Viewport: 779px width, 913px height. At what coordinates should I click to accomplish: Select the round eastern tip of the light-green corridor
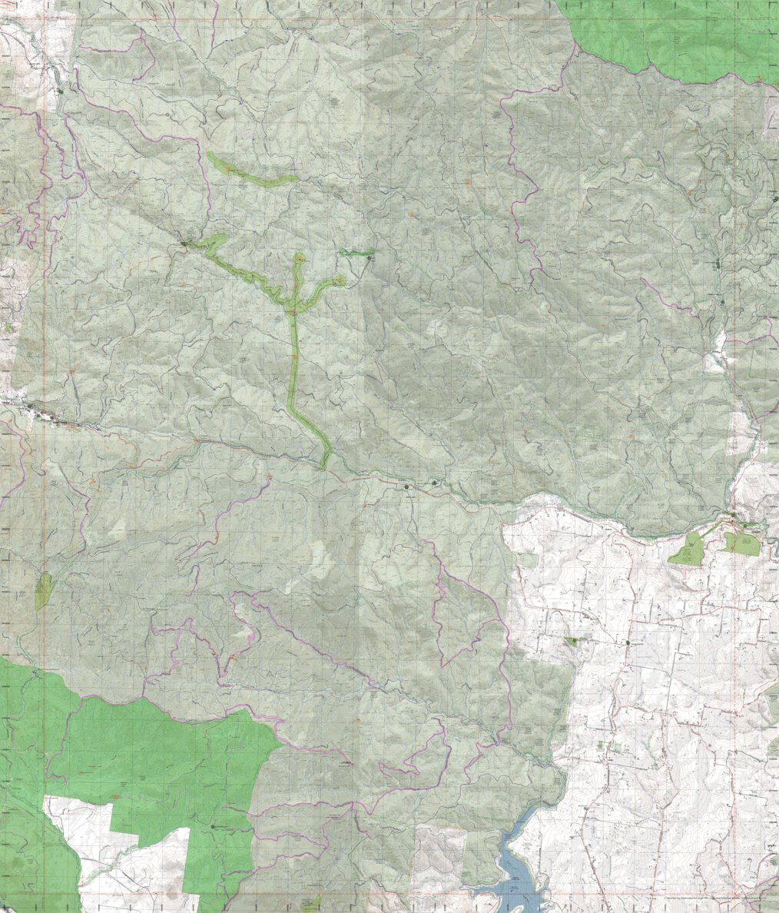(338, 281)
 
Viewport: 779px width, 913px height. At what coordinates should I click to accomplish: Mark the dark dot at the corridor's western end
(184, 244)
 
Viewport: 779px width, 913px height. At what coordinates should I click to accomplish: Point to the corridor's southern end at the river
(324, 464)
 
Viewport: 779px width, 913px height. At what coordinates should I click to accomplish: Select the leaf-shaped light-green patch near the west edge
(43, 591)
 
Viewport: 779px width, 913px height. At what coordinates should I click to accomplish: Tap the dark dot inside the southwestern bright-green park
(213, 826)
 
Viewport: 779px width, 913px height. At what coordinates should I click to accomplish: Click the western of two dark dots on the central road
(408, 486)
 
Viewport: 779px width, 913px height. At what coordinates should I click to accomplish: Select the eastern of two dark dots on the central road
(434, 483)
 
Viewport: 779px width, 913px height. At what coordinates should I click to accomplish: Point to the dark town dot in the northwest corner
(60, 91)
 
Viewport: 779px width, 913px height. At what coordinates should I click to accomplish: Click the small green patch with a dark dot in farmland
(573, 640)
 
